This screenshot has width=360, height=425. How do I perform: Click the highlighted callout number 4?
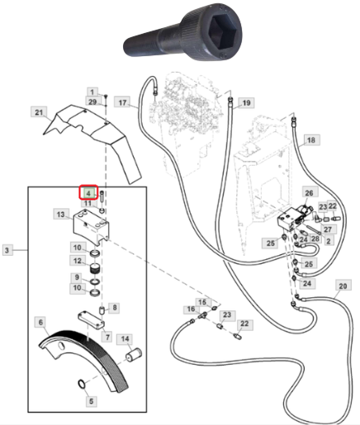click(88, 192)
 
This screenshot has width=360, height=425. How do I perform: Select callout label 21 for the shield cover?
click(39, 112)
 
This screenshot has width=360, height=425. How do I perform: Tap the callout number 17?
click(122, 102)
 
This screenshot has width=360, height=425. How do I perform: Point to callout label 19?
click(246, 102)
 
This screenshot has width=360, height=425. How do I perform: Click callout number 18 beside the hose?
click(311, 140)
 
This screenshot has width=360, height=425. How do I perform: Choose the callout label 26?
click(309, 192)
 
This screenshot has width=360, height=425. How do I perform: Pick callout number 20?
click(343, 286)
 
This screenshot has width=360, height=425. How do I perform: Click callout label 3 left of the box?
click(7, 250)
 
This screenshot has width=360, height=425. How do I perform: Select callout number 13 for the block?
click(61, 214)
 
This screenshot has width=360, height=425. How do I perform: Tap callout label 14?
click(125, 338)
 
